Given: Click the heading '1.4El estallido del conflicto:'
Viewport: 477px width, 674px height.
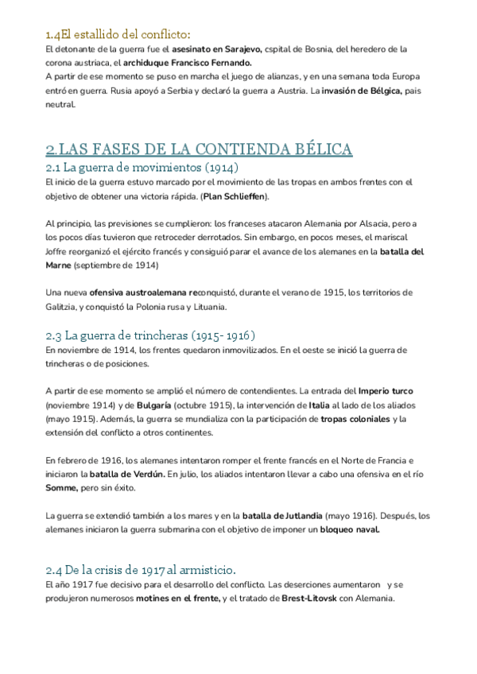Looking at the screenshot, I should pyautogui.click(x=118, y=34).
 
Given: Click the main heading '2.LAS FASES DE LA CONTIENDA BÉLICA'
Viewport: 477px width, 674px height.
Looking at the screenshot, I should pyautogui.click(x=199, y=149).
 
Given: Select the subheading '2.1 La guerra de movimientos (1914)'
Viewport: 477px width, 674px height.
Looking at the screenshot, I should pyautogui.click(x=142, y=168).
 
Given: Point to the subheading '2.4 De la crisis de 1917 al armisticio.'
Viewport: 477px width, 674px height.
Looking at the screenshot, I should pyautogui.click(x=141, y=569).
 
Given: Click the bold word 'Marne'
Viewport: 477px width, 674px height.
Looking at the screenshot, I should pyautogui.click(x=60, y=265).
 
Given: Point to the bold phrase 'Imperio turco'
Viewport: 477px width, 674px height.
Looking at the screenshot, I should pyautogui.click(x=386, y=391).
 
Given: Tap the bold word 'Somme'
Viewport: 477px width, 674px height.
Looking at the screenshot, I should pyautogui.click(x=61, y=488).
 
